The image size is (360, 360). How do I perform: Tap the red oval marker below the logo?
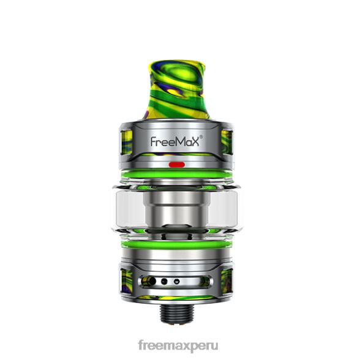(176, 164)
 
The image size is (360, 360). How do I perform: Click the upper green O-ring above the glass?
(176, 174)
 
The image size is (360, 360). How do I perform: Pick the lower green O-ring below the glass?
(176, 244)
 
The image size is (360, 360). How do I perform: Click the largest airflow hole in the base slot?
(152, 281)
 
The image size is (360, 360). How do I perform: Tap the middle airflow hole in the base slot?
(164, 281)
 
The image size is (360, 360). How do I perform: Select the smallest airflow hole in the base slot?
(176, 281)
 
